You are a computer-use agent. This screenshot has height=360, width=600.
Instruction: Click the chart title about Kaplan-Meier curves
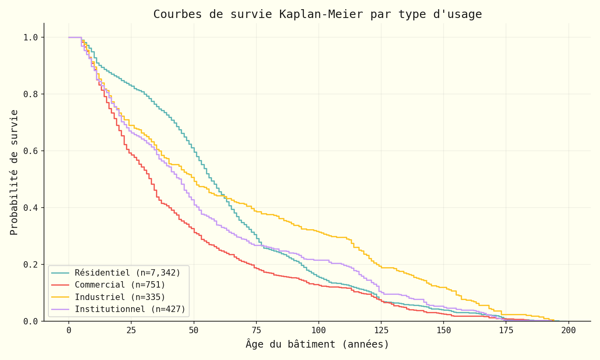coord(318,14)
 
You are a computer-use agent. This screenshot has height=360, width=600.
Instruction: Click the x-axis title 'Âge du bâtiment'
coord(317,344)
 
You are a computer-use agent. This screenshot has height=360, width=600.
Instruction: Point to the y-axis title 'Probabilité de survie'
coord(14,172)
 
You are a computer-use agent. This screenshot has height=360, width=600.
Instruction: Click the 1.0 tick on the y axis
coord(31,38)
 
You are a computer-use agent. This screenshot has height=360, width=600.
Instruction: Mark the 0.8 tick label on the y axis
coord(31,94)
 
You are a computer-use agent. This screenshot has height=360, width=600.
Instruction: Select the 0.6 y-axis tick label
coord(31,151)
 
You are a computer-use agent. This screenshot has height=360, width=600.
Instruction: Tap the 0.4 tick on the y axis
coord(31,208)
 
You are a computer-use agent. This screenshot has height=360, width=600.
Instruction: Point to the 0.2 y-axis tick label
coord(31,265)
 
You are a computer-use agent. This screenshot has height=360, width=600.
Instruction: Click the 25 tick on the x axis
coord(131,331)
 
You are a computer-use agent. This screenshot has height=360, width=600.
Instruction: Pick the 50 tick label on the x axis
coord(194,331)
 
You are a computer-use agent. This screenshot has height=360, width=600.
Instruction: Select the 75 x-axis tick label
coord(256,331)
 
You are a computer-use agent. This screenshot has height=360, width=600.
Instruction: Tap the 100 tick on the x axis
coord(318,331)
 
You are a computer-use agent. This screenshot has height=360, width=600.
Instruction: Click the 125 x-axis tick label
coord(381,331)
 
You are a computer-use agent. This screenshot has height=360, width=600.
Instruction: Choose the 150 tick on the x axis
coord(444,331)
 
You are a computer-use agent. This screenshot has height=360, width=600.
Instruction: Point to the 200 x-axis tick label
coord(568,331)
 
